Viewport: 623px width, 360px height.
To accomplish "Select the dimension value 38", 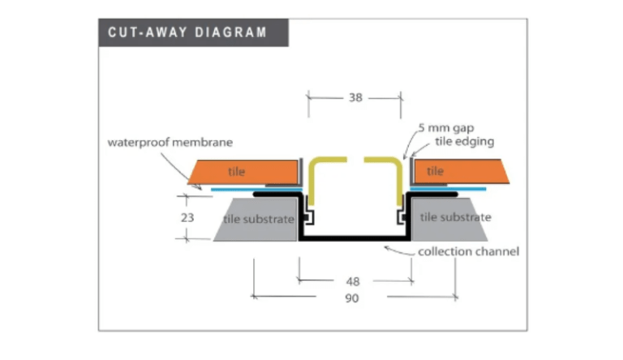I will (x=354, y=97).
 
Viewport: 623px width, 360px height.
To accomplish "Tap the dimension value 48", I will (x=354, y=281).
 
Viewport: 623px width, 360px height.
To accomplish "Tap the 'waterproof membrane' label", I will (x=170, y=142).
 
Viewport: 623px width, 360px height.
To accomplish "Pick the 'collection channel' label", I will (x=468, y=251).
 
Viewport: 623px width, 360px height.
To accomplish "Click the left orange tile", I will (x=243, y=172).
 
